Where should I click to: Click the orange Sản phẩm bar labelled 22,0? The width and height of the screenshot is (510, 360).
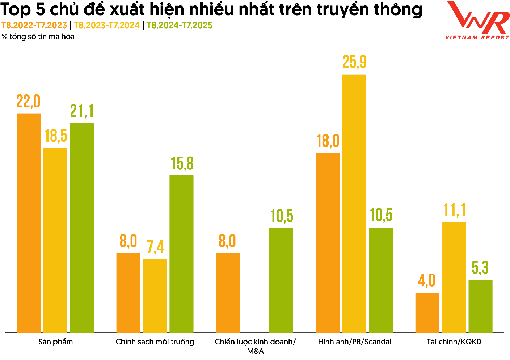click(x=29, y=223)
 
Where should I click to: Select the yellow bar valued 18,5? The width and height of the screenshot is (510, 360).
click(x=55, y=240)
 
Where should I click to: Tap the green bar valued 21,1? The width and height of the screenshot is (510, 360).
click(x=82, y=227)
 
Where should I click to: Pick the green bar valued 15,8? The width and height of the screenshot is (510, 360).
click(x=181, y=253)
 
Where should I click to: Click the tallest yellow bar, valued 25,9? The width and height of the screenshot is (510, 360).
click(x=354, y=203)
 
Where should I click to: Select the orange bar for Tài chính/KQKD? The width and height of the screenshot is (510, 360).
click(x=427, y=312)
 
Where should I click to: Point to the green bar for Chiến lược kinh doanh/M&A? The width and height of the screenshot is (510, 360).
click(x=281, y=280)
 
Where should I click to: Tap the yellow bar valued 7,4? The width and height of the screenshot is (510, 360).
click(x=155, y=295)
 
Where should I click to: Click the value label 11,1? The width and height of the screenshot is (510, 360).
click(x=454, y=210)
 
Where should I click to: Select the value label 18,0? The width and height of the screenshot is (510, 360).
click(x=328, y=141)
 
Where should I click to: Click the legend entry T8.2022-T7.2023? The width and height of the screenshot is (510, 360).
click(x=34, y=25)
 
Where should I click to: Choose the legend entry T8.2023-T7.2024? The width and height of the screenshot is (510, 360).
click(x=107, y=25)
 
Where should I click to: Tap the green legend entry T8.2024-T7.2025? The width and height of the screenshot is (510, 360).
click(x=180, y=25)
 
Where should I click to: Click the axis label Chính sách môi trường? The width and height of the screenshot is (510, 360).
click(x=155, y=342)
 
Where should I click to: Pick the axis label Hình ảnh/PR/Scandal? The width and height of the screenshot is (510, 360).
click(x=354, y=342)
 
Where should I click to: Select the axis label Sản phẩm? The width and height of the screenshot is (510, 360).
click(x=56, y=342)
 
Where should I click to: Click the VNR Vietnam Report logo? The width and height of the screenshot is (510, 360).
click(x=477, y=21)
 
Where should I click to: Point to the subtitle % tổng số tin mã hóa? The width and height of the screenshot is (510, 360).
click(x=38, y=37)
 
